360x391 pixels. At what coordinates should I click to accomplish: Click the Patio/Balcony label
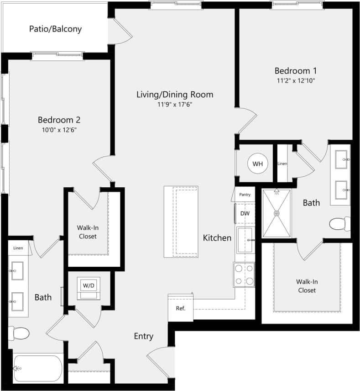[55, 29]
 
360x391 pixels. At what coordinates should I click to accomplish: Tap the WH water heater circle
[258, 164]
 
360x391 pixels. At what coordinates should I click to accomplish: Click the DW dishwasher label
[245, 213]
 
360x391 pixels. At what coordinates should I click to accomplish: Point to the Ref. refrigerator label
[181, 308]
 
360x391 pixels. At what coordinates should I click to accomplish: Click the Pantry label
[245, 195]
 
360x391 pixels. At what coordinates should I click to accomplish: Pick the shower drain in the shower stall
[276, 213]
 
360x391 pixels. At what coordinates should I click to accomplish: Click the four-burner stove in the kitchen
[244, 274]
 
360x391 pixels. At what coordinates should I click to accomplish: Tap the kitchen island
[181, 222]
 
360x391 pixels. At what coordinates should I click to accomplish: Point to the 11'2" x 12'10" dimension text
[296, 80]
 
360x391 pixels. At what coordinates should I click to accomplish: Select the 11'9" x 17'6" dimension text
[175, 105]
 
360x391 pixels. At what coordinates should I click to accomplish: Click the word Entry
[143, 336]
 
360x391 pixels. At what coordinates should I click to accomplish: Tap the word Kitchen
[217, 238]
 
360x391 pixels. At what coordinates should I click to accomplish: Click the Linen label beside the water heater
[282, 164]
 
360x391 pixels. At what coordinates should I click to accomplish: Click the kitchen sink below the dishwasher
[245, 240]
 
